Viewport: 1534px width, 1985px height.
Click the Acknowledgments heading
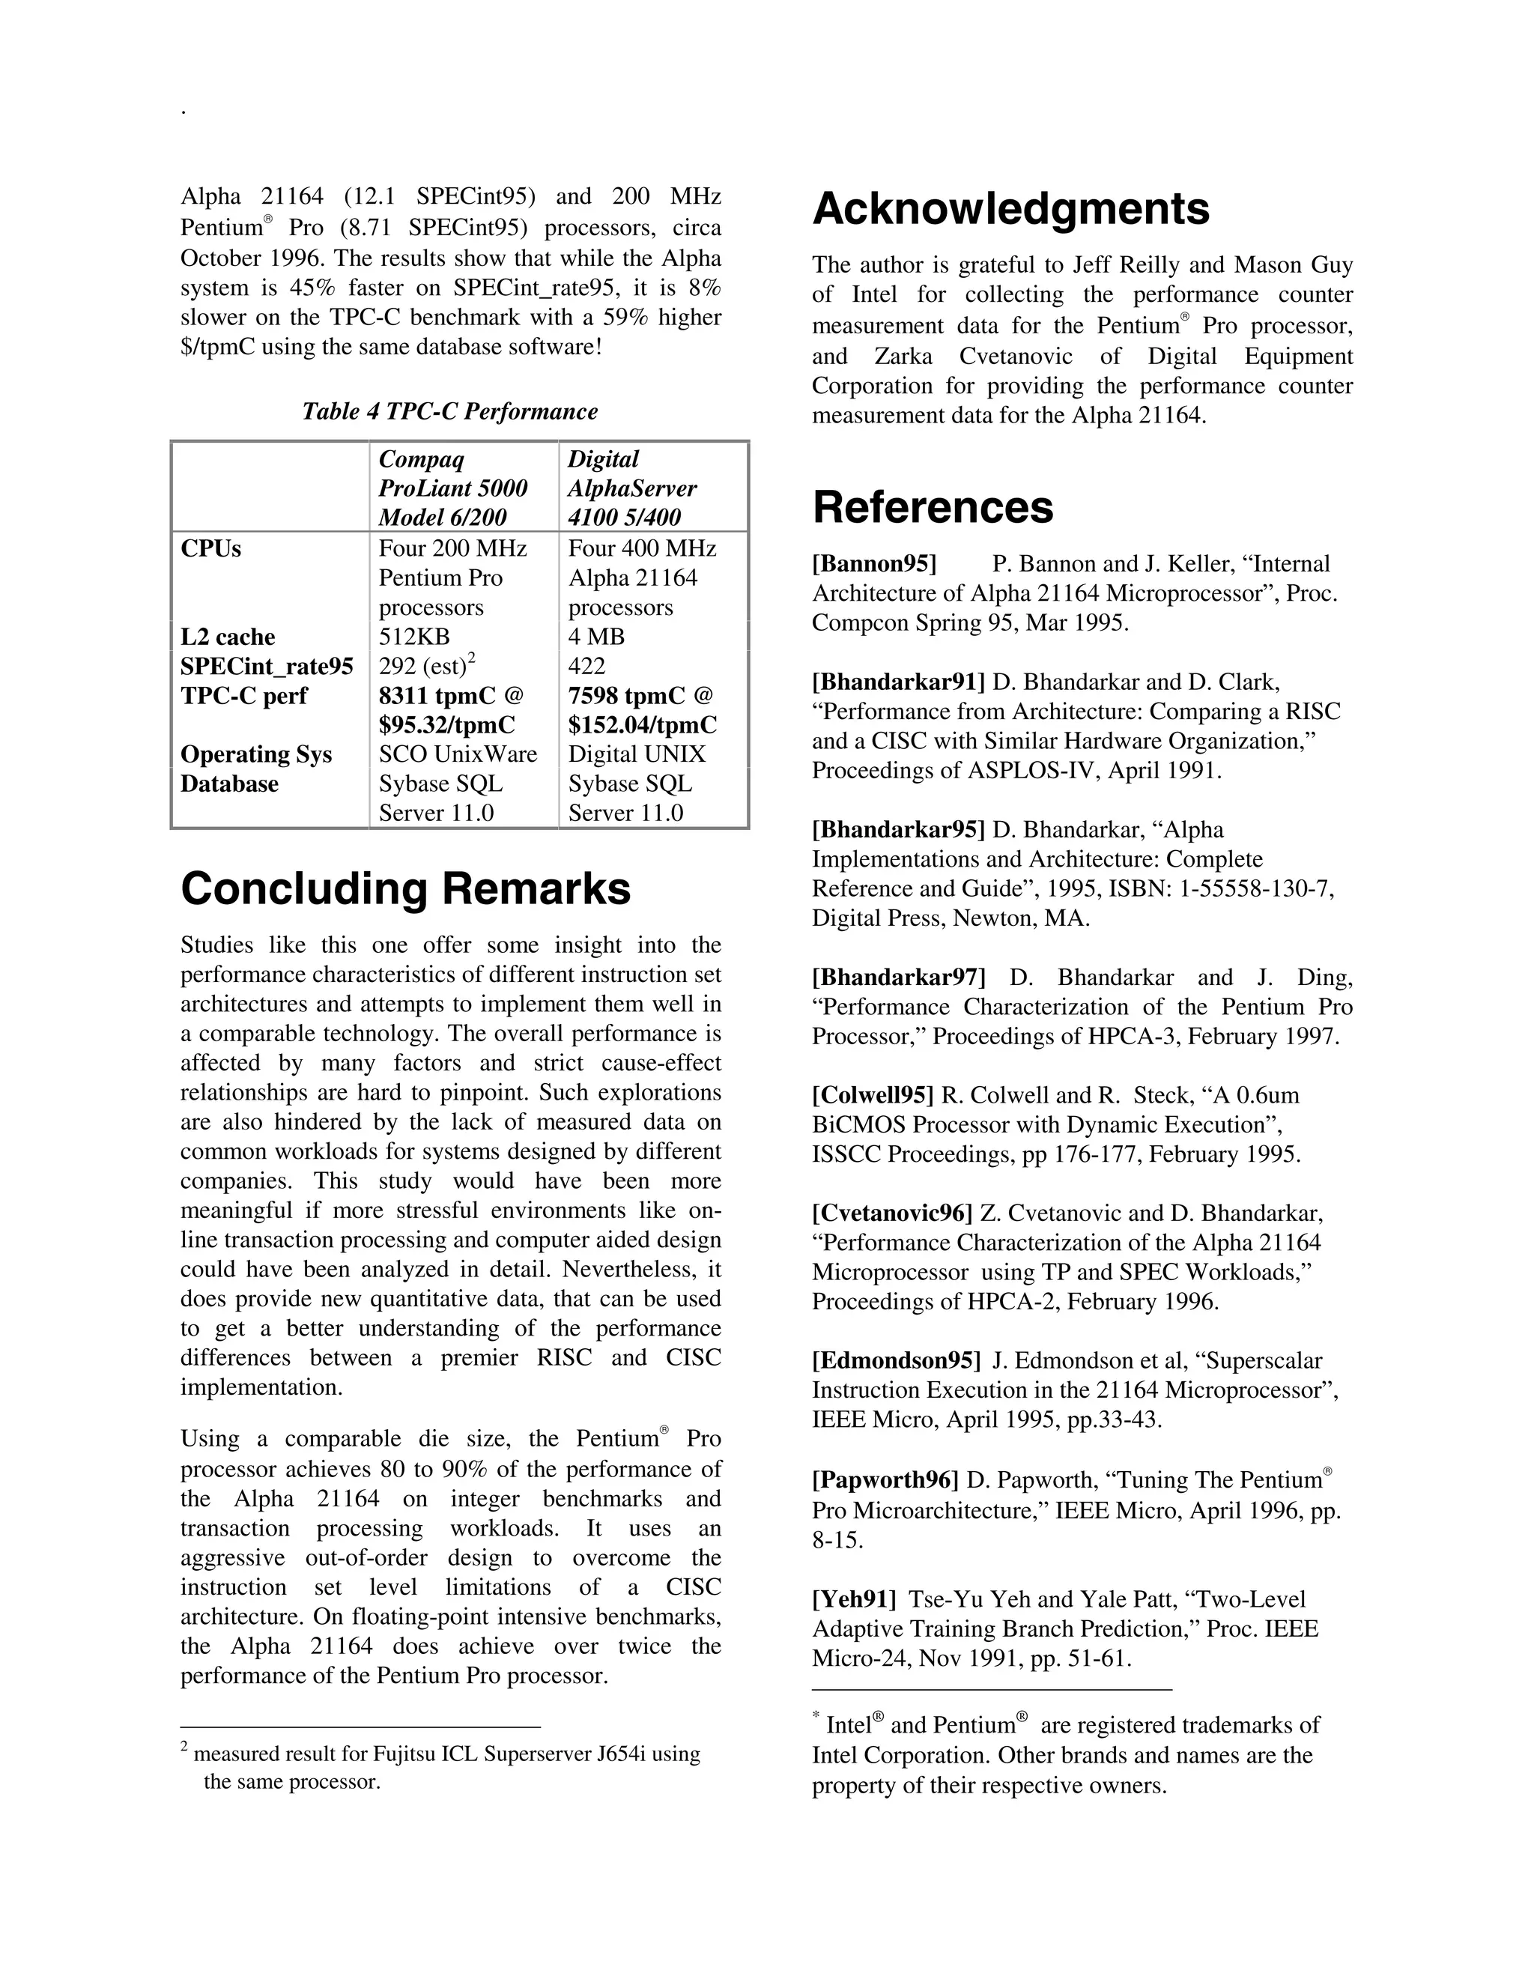point(1010,209)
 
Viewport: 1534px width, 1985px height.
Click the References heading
point(933,507)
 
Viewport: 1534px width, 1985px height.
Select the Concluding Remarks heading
point(405,889)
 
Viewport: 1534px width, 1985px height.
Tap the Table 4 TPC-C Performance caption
point(450,412)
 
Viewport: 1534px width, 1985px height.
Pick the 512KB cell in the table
point(414,637)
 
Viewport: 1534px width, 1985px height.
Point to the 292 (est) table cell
point(422,666)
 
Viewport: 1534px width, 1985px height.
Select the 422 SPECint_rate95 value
point(587,666)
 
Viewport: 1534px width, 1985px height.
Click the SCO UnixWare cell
point(458,754)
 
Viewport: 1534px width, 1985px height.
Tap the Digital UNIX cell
point(637,754)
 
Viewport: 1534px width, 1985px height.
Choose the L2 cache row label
point(227,637)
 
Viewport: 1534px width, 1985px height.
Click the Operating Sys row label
point(256,754)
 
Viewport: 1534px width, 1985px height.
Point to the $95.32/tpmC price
point(447,725)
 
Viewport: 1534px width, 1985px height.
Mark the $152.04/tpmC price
point(643,725)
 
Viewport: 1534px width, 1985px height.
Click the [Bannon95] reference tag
point(874,565)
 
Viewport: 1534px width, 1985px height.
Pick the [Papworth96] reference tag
point(885,1481)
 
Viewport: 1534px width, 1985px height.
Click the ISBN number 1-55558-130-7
point(1256,889)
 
